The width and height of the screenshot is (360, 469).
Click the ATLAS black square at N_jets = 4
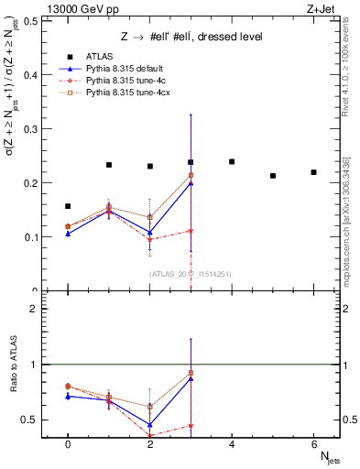coord(232,161)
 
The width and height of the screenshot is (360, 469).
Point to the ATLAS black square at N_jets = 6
coord(313,172)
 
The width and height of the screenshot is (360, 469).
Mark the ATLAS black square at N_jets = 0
coord(68,206)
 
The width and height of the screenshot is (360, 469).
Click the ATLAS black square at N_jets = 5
coord(273,176)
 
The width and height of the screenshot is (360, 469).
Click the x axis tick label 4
coord(232,445)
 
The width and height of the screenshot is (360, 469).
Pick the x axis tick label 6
coord(313,445)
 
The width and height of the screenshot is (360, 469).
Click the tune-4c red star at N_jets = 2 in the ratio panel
coord(149,436)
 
